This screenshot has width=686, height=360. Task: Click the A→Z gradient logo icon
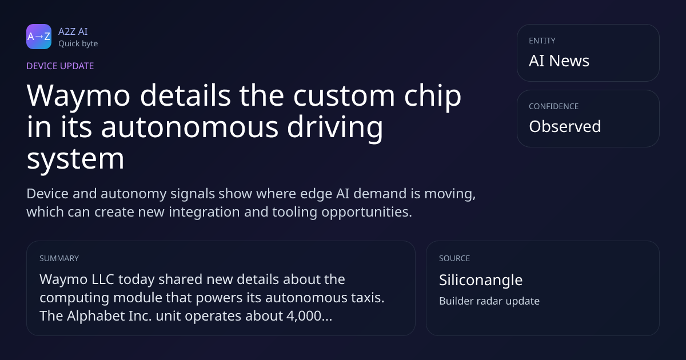39,37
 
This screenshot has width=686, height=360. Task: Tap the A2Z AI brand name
73,31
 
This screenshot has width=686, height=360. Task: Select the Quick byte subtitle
78,43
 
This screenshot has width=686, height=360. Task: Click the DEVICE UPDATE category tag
60,66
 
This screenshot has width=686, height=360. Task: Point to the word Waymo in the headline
79,96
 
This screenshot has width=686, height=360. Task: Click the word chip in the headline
432,96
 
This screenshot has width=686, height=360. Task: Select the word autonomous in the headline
190,127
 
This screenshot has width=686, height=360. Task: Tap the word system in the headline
75,159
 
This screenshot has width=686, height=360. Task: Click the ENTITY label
542,41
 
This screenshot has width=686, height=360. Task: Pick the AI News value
559,61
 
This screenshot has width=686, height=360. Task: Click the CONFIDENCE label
554,106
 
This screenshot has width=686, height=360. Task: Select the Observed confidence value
565,126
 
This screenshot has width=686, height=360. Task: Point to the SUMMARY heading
59,258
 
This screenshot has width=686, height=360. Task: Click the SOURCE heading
454,258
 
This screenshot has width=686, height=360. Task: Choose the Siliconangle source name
481,280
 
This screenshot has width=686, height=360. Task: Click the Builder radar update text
489,301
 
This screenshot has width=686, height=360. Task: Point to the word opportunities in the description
366,212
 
